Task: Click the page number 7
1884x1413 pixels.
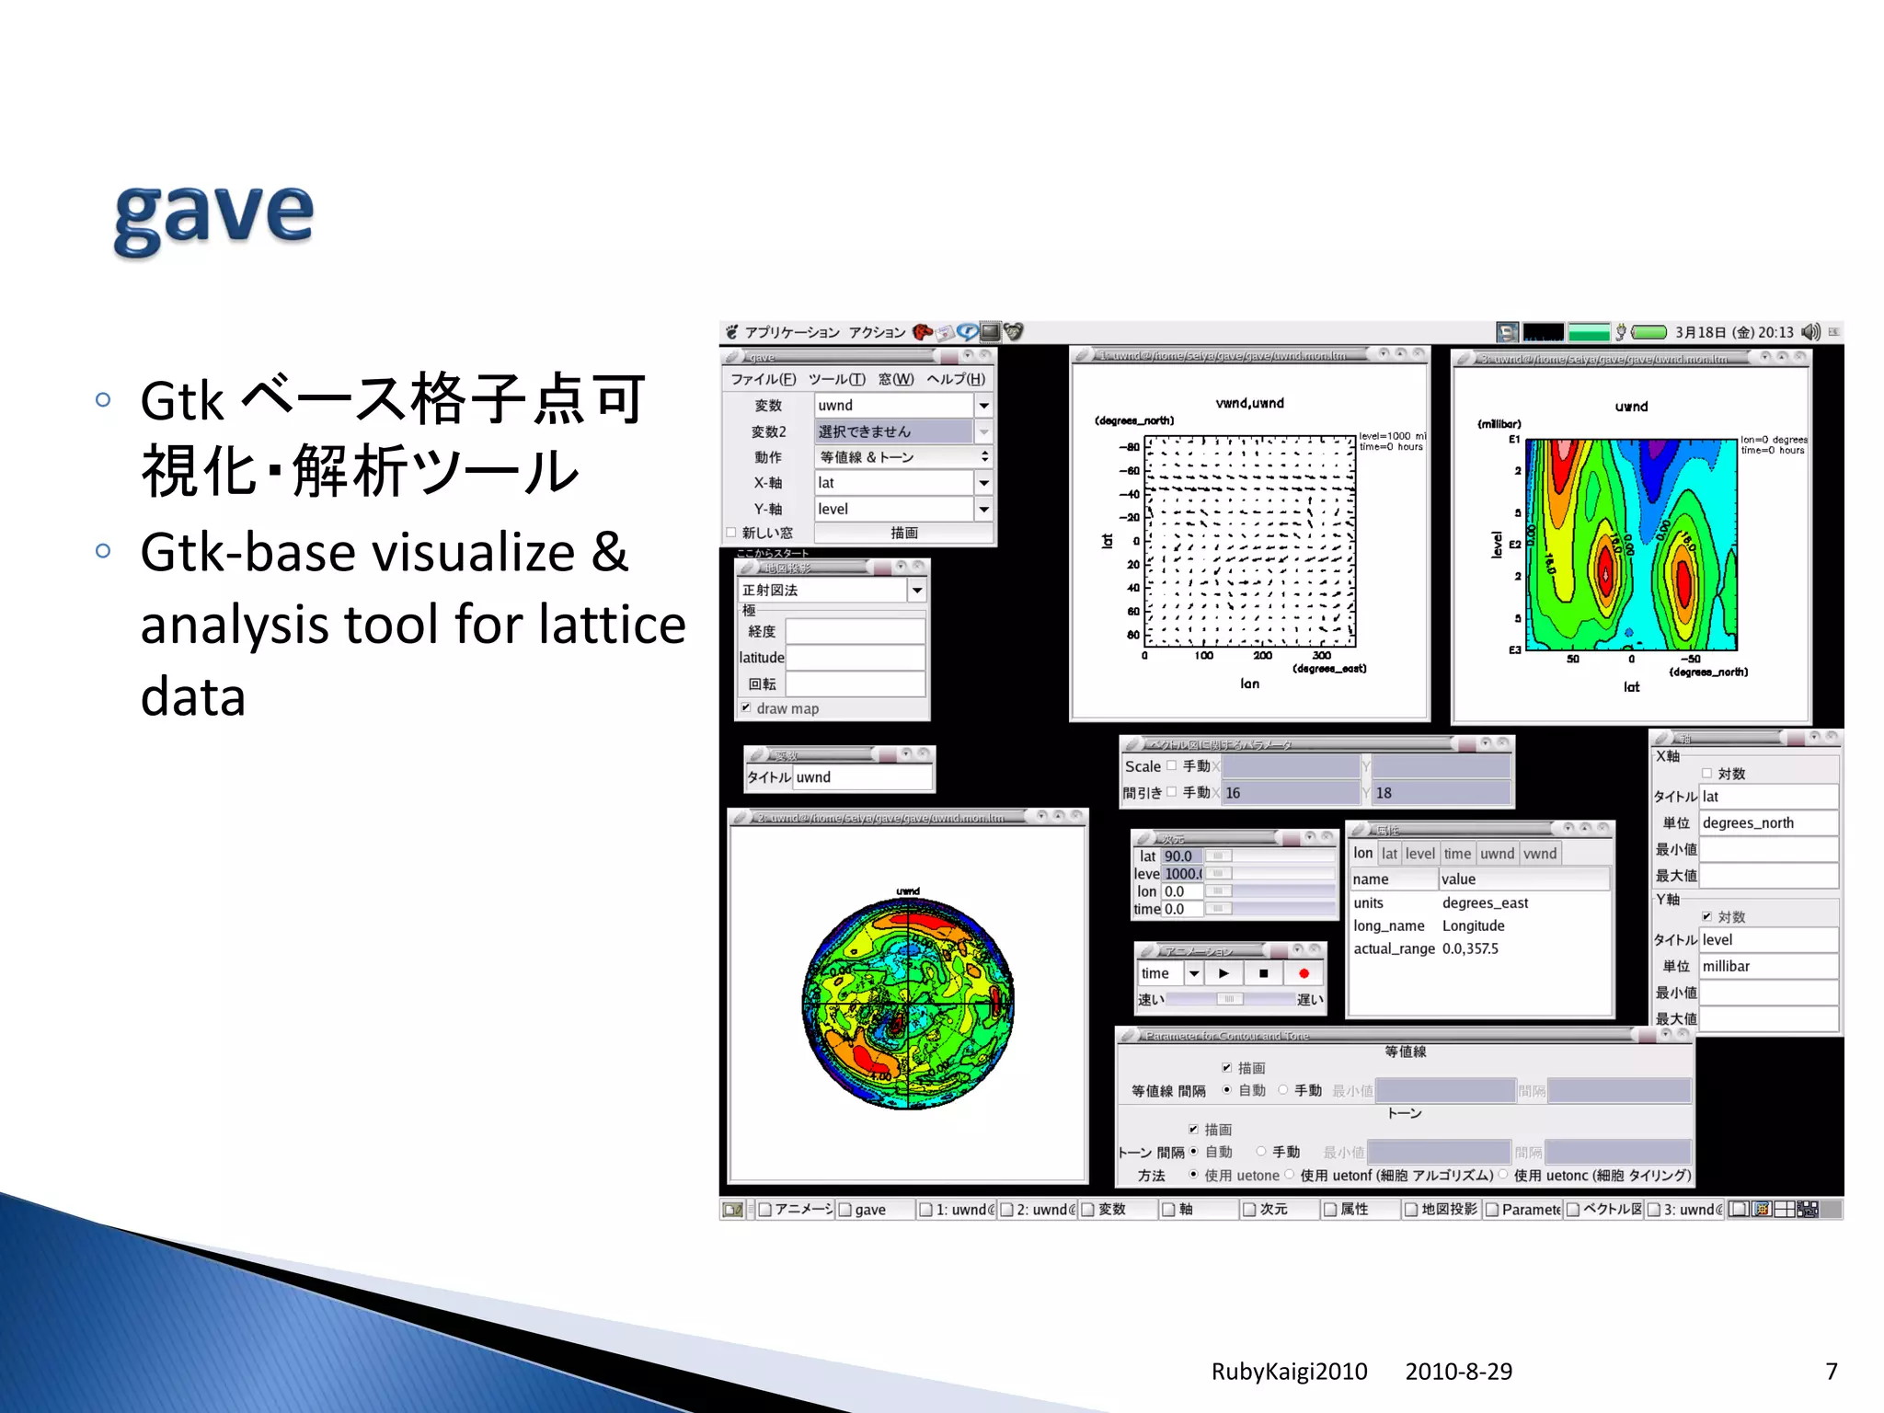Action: [x=1831, y=1372]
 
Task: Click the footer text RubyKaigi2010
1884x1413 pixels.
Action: [x=1289, y=1372]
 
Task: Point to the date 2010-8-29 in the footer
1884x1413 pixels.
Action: [x=1458, y=1372]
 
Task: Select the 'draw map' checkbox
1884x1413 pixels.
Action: [x=746, y=708]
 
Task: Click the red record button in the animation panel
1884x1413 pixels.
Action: [x=1304, y=973]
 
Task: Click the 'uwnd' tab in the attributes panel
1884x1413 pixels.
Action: [x=1497, y=854]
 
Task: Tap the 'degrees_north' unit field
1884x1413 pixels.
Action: [x=1767, y=823]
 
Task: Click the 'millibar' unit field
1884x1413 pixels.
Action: [x=1767, y=967]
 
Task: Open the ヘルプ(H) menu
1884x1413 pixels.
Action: [x=955, y=379]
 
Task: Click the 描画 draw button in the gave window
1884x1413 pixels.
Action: [x=903, y=533]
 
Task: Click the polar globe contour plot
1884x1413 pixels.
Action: [x=908, y=1003]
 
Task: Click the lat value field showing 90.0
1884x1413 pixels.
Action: [x=1180, y=856]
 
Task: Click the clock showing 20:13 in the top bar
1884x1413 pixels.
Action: [x=1775, y=332]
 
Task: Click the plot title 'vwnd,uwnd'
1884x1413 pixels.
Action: [x=1249, y=403]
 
